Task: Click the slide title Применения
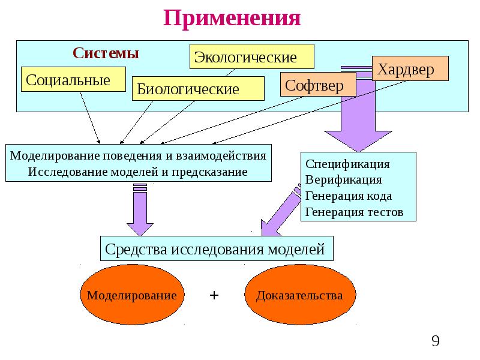(x=232, y=17)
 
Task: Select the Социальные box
(x=73, y=79)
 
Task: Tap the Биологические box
(x=197, y=89)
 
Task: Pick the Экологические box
(x=252, y=57)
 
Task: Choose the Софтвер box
(x=318, y=85)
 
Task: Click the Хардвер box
(x=411, y=70)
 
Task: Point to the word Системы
(x=106, y=53)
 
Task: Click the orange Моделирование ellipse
(x=131, y=295)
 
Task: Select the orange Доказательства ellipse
(x=299, y=295)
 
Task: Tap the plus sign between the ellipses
(x=214, y=295)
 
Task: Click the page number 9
(x=436, y=342)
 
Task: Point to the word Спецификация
(x=348, y=164)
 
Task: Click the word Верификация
(x=344, y=179)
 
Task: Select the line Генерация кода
(x=349, y=196)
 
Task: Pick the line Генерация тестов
(x=355, y=212)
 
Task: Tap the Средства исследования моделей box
(x=215, y=248)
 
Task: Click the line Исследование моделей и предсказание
(x=138, y=172)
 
